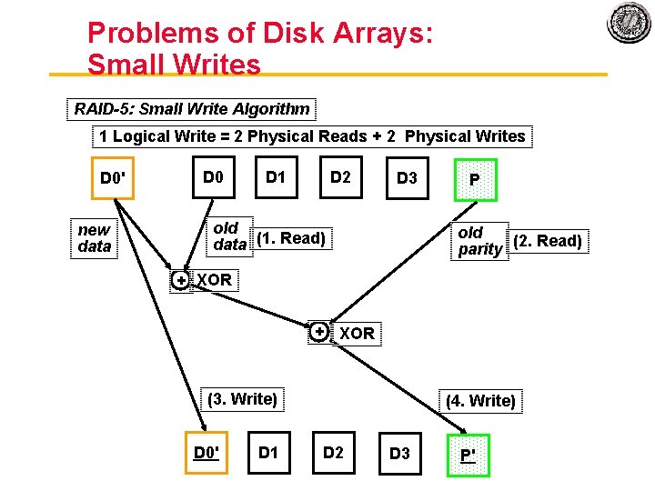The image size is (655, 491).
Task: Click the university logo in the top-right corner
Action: (x=629, y=24)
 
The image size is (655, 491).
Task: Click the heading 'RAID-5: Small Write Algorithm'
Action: (x=192, y=109)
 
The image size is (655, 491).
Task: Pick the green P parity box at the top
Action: (x=474, y=180)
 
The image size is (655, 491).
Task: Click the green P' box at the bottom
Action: (x=469, y=454)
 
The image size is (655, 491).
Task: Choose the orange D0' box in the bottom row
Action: (x=207, y=452)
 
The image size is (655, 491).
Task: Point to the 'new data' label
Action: (x=95, y=238)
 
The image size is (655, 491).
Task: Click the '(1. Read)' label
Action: (x=291, y=238)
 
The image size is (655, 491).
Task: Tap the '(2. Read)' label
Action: (x=548, y=241)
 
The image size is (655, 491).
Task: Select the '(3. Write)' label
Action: (x=242, y=398)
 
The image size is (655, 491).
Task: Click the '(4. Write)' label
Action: (x=480, y=400)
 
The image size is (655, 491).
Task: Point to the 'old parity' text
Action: (x=479, y=241)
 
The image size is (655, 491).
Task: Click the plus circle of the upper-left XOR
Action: (x=182, y=281)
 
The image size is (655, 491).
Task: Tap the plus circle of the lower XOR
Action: (x=319, y=332)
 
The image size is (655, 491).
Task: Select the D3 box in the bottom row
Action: (x=399, y=453)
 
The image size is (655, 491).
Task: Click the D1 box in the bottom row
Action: (x=269, y=452)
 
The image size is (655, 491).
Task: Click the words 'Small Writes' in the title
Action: (x=174, y=65)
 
